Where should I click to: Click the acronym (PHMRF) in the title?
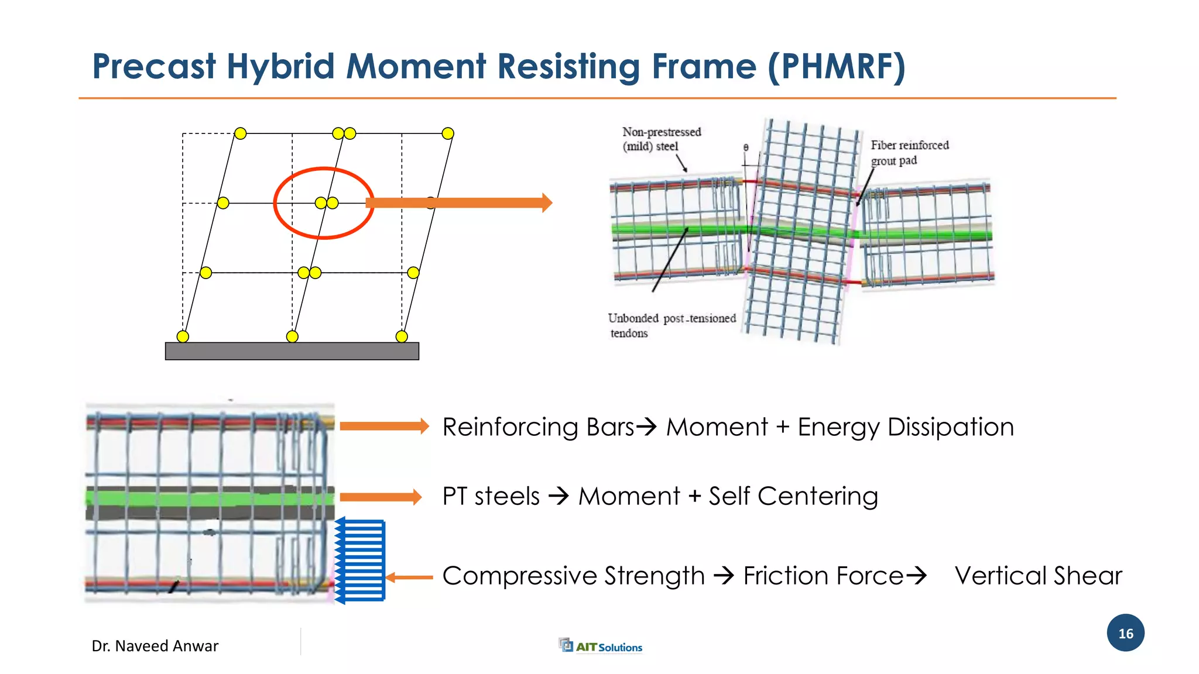pyautogui.click(x=837, y=66)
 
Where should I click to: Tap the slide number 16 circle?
pyautogui.click(x=1125, y=633)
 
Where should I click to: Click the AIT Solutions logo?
pyautogui.click(x=601, y=646)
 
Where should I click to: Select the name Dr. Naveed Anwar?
pyautogui.click(x=155, y=646)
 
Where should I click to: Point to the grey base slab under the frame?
pyautogui.click(x=292, y=351)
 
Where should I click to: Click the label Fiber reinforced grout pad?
pyautogui.click(x=909, y=153)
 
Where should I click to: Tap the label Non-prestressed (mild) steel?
pyautogui.click(x=661, y=139)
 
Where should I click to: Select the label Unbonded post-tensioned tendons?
pyautogui.click(x=671, y=325)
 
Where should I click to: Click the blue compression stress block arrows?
pyautogui.click(x=361, y=560)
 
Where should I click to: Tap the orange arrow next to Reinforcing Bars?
pyautogui.click(x=384, y=426)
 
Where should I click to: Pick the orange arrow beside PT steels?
pyautogui.click(x=381, y=497)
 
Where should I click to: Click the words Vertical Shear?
pyautogui.click(x=1038, y=576)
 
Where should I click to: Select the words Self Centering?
pyautogui.click(x=793, y=496)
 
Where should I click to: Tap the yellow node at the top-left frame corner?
pyautogui.click(x=240, y=133)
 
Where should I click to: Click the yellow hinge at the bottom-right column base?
pyautogui.click(x=402, y=336)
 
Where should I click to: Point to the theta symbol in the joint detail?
pyautogui.click(x=746, y=147)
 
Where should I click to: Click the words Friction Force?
pyautogui.click(x=823, y=576)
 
